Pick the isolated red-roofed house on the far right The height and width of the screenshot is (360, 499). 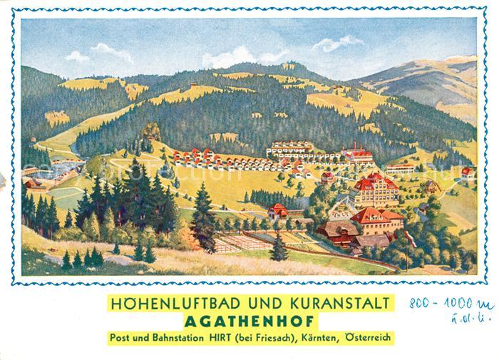467,172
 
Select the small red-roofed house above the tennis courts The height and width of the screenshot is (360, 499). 278,210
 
